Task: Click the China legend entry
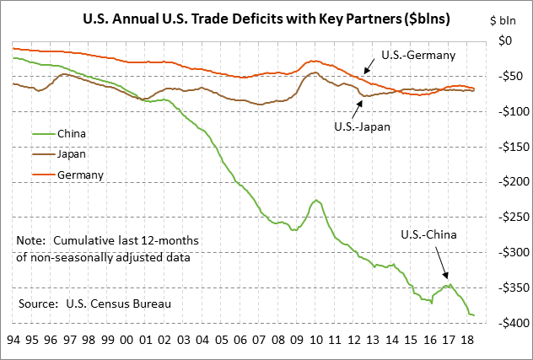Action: pyautogui.click(x=72, y=133)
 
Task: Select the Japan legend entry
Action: pyautogui.click(x=72, y=154)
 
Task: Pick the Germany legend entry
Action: pyautogui.click(x=80, y=175)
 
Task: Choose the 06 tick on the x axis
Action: pyautogui.click(x=240, y=342)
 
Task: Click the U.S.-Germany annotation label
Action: pyautogui.click(x=418, y=55)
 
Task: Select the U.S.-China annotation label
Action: pyautogui.click(x=427, y=234)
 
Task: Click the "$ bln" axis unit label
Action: pyautogui.click(x=507, y=19)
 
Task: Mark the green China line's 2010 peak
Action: pyautogui.click(x=316, y=200)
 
